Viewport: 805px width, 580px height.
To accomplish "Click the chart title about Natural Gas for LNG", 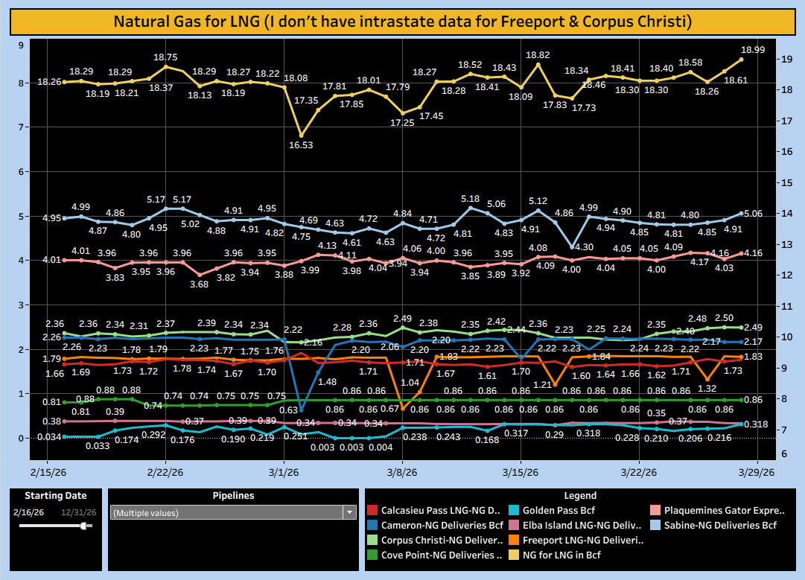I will tap(402, 21).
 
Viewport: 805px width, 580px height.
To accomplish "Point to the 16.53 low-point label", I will tap(301, 145).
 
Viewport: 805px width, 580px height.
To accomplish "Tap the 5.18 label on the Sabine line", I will tap(470, 199).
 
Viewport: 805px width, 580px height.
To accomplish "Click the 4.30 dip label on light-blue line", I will tap(585, 246).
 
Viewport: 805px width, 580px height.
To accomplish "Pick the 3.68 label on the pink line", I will tap(199, 284).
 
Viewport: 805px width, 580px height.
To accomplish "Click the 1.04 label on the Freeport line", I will tap(410, 382).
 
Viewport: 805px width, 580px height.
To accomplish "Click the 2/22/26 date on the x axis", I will tap(165, 472).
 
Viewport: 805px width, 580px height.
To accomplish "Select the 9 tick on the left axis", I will tap(21, 45).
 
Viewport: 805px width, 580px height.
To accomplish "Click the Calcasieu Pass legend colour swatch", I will tap(372, 511).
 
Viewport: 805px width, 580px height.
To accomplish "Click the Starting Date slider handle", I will tap(84, 526).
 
